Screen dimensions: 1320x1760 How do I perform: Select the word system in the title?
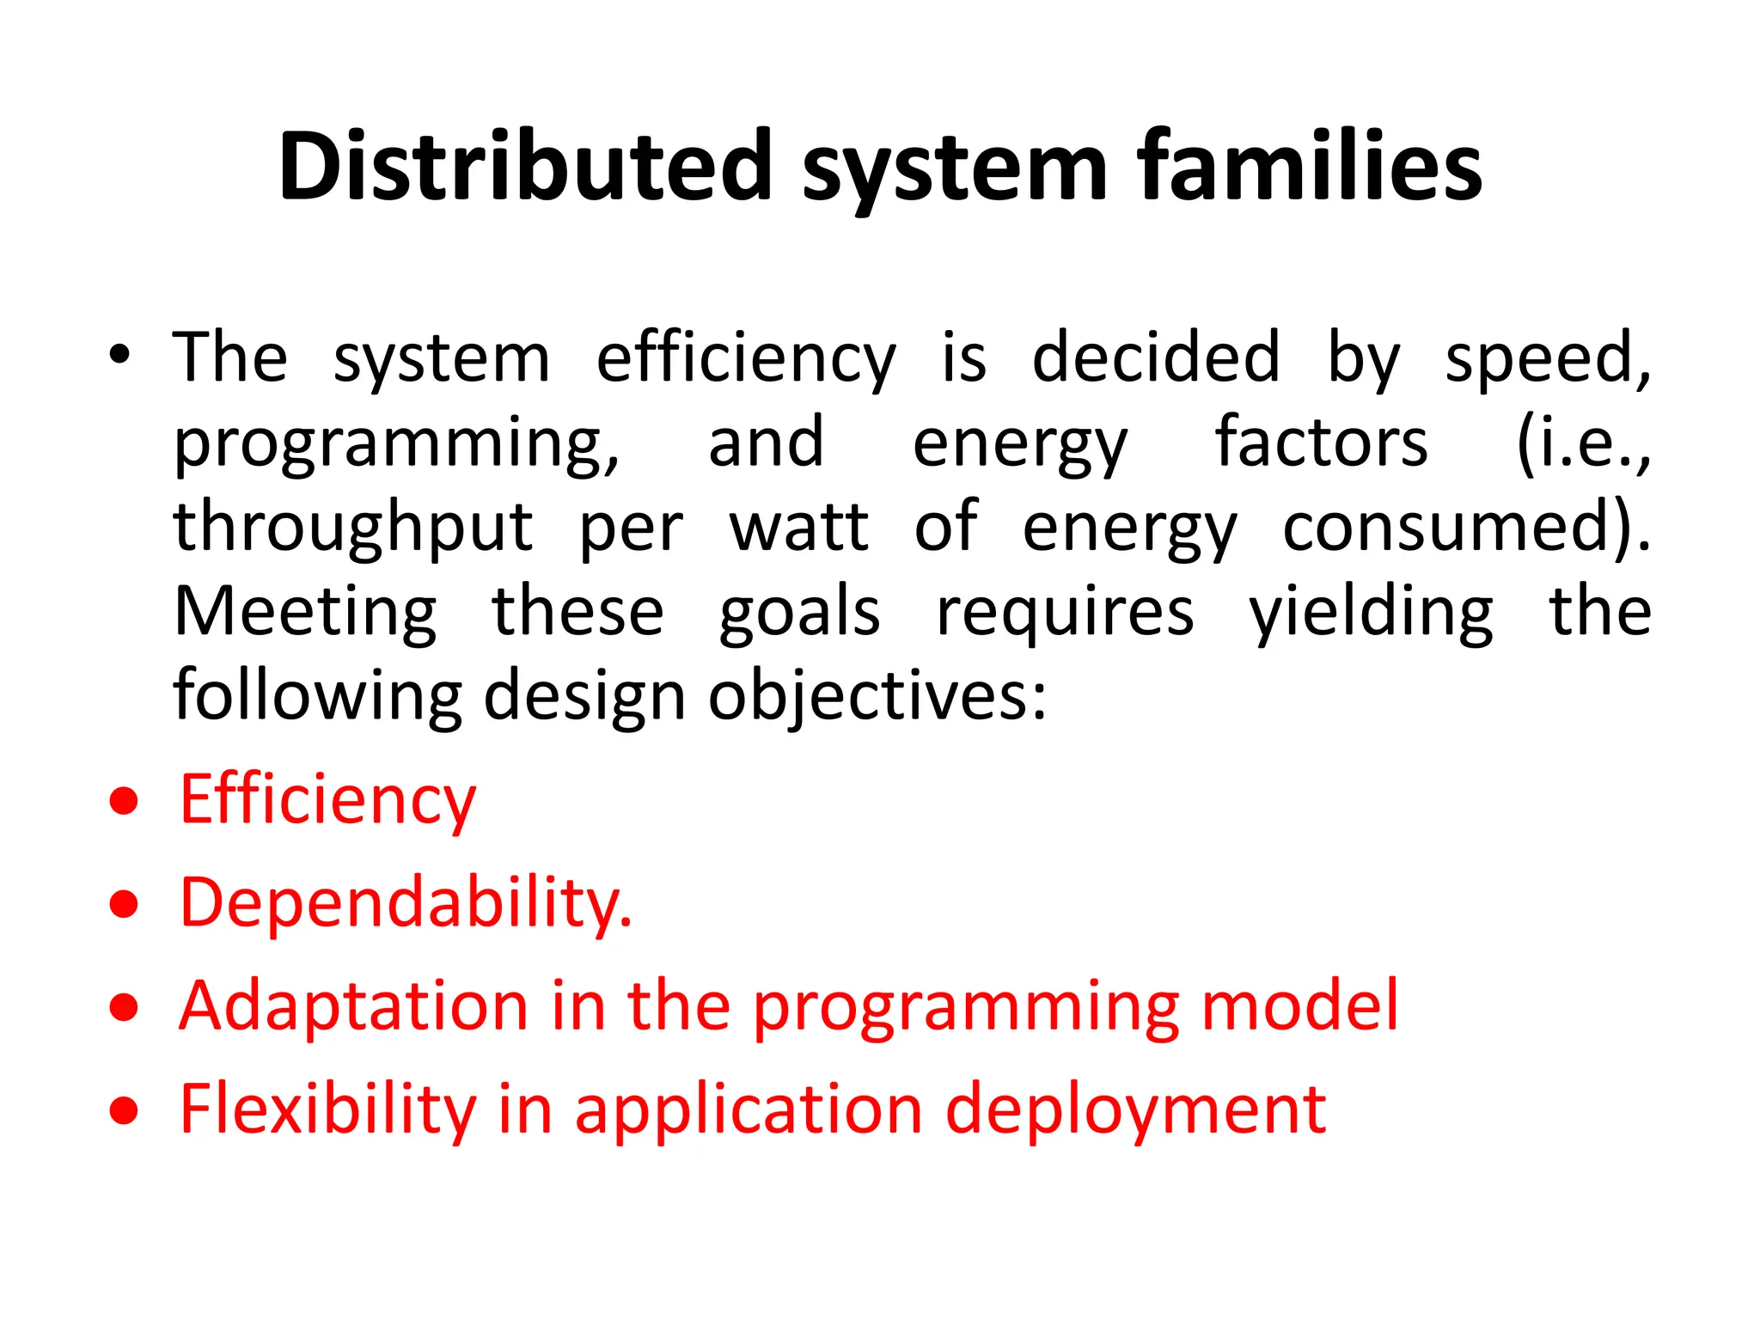coord(954,172)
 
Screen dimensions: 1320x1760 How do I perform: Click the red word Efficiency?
coord(327,799)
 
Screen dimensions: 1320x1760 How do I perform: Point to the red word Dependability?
coord(406,902)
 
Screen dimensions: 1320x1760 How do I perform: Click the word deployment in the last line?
coord(1135,1110)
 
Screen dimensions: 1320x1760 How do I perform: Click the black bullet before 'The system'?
coord(119,355)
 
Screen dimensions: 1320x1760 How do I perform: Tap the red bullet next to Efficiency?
coord(125,801)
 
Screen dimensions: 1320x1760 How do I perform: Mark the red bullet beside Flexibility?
coord(125,1110)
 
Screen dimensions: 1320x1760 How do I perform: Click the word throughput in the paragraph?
coord(353,528)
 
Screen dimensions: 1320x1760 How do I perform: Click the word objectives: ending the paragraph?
coord(877,696)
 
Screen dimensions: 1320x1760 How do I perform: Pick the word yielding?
coord(1371,614)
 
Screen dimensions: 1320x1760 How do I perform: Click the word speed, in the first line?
coord(1547,359)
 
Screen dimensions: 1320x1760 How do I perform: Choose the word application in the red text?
coord(748,1110)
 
